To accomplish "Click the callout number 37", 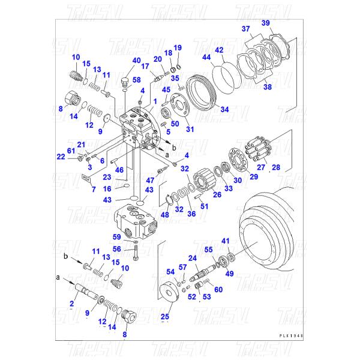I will click(x=246, y=29).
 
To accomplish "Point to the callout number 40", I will click(x=137, y=61).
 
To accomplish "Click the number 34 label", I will click(x=225, y=110).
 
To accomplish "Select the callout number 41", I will click(x=225, y=241).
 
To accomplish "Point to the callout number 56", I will click(x=118, y=249).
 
